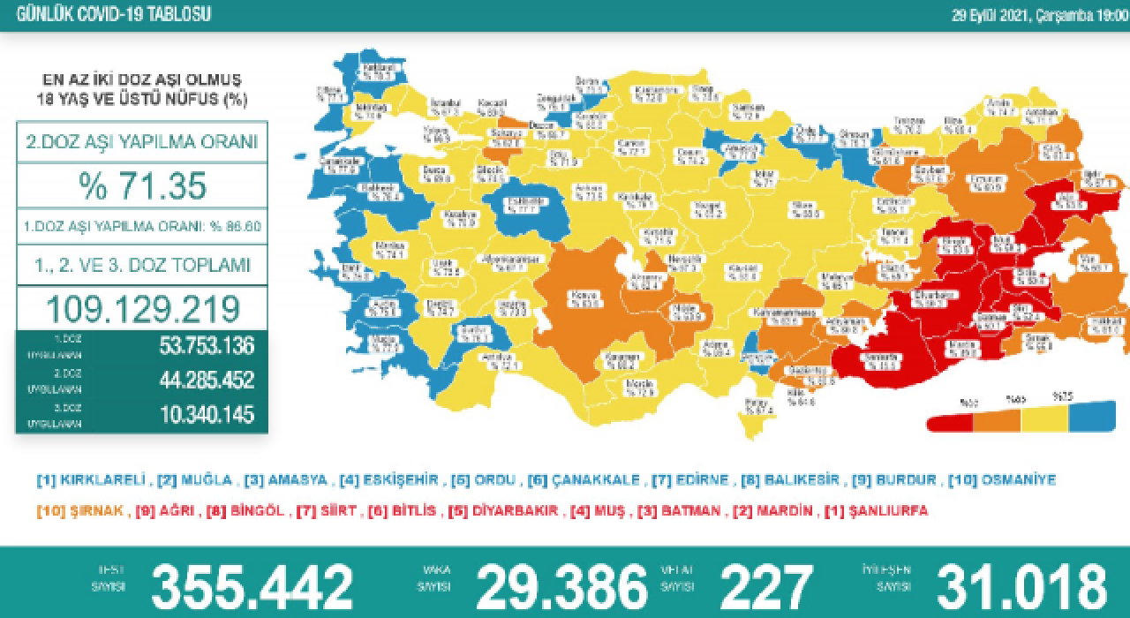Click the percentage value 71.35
coord(142,186)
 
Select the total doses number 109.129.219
coord(142,308)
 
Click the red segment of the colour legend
coord(949,422)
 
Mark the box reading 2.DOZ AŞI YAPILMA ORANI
coord(142,141)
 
